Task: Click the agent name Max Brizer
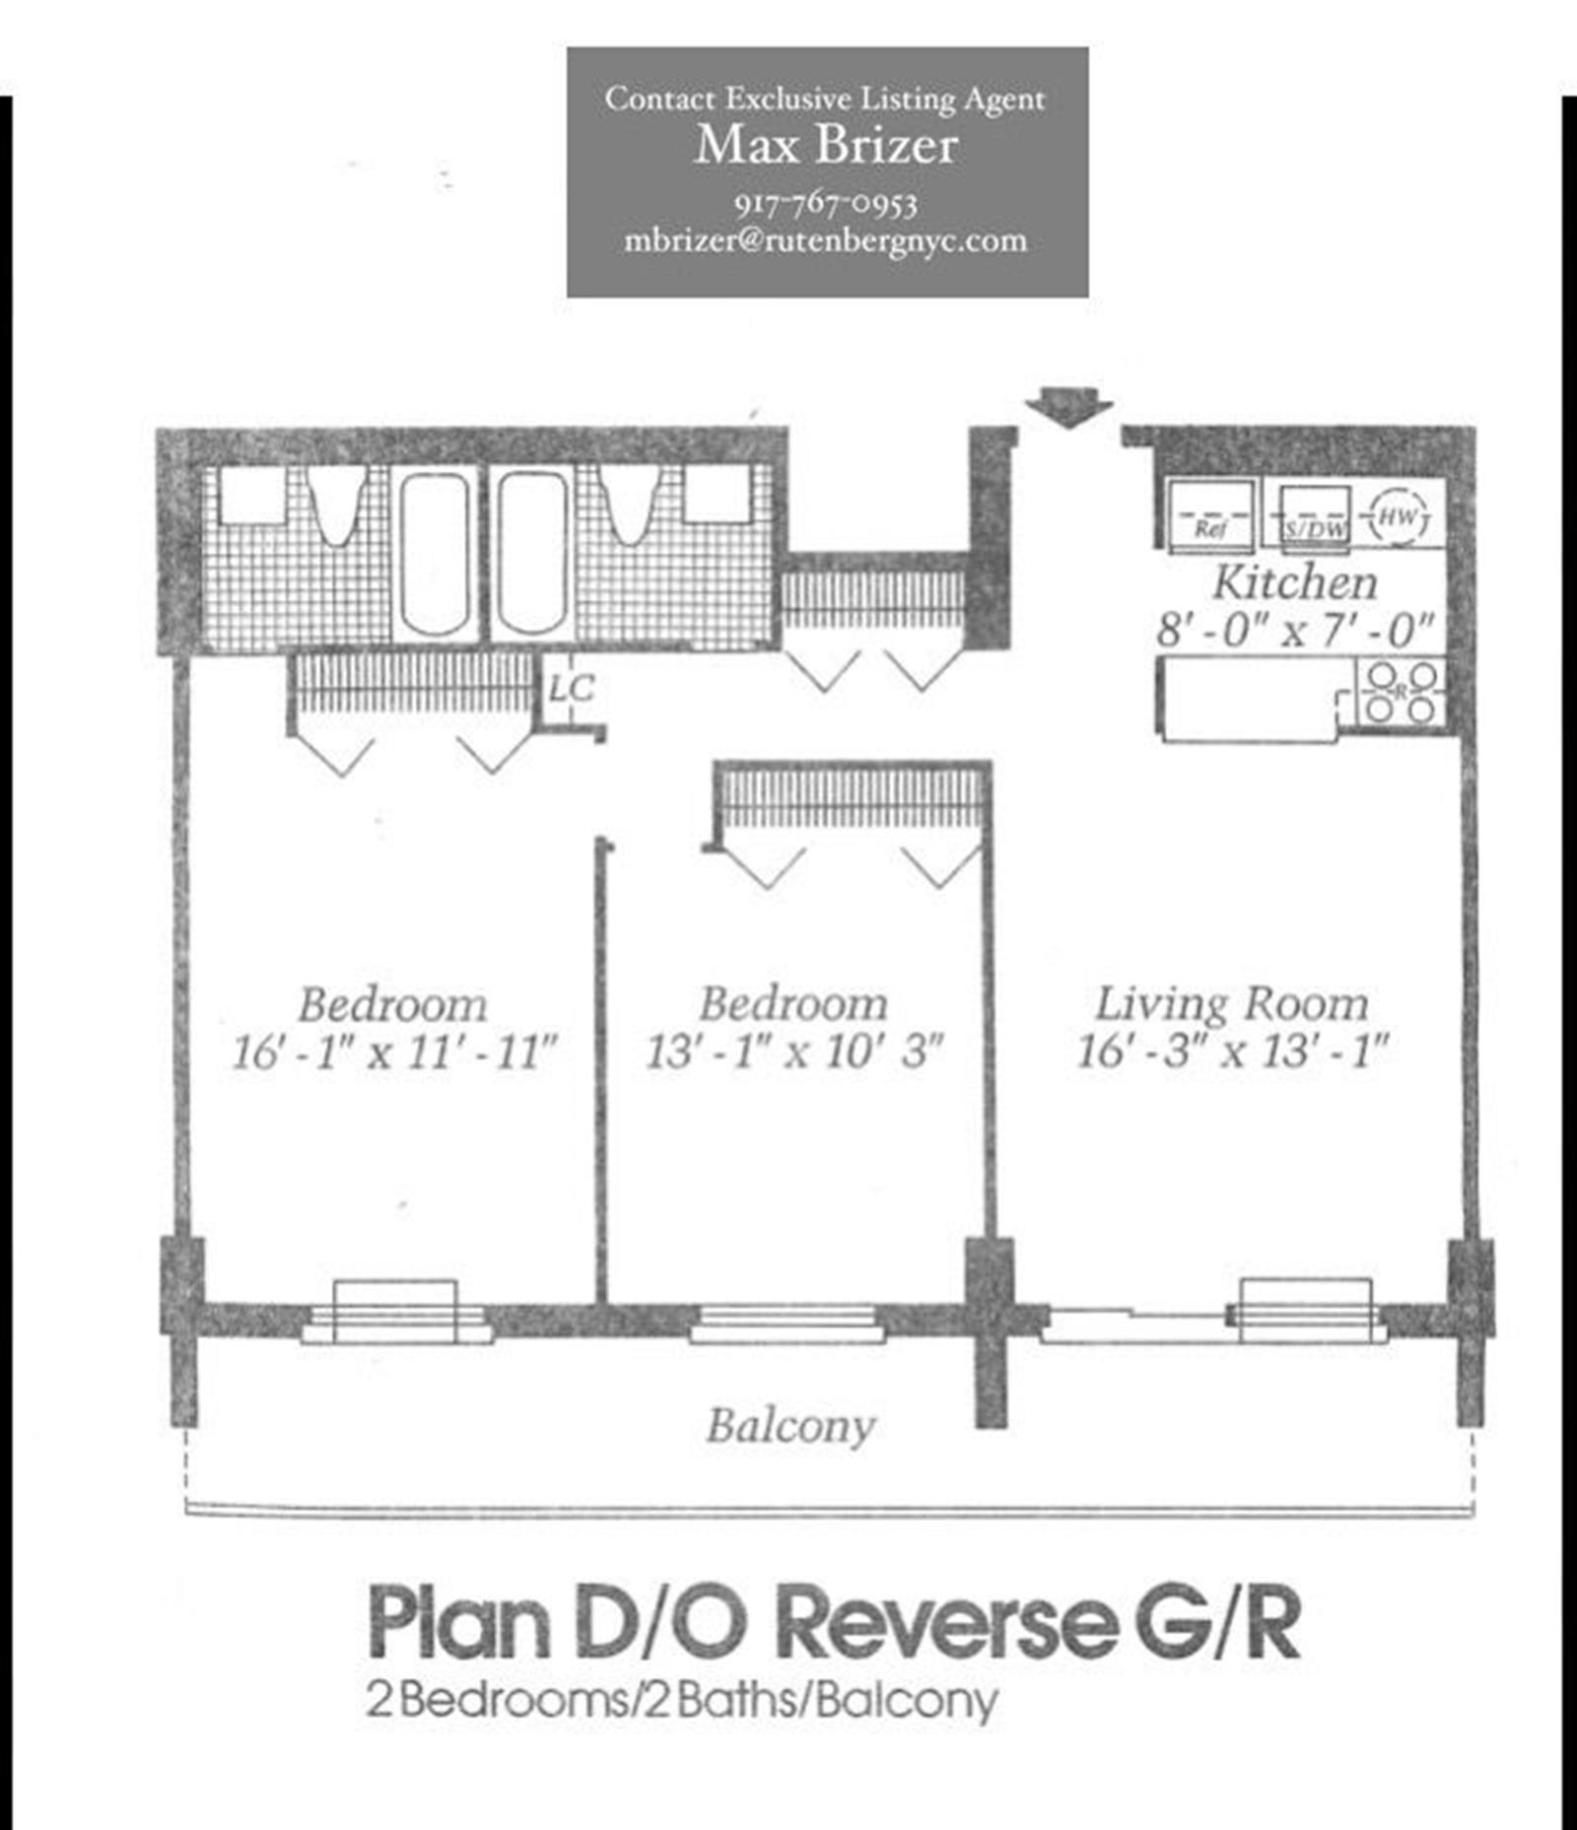(826, 146)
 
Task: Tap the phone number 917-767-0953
(826, 204)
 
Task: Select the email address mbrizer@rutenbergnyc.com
(826, 240)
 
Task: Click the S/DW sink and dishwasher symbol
(1315, 515)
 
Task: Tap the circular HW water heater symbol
(1399, 515)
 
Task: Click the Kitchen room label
(1294, 581)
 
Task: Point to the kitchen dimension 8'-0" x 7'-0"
(1294, 628)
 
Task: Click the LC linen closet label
(572, 689)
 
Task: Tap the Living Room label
(1232, 1003)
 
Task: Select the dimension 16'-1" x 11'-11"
(394, 1051)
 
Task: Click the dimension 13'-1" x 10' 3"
(794, 1051)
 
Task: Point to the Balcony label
(790, 1426)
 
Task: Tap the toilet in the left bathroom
(336, 505)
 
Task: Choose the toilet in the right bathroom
(629, 505)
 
